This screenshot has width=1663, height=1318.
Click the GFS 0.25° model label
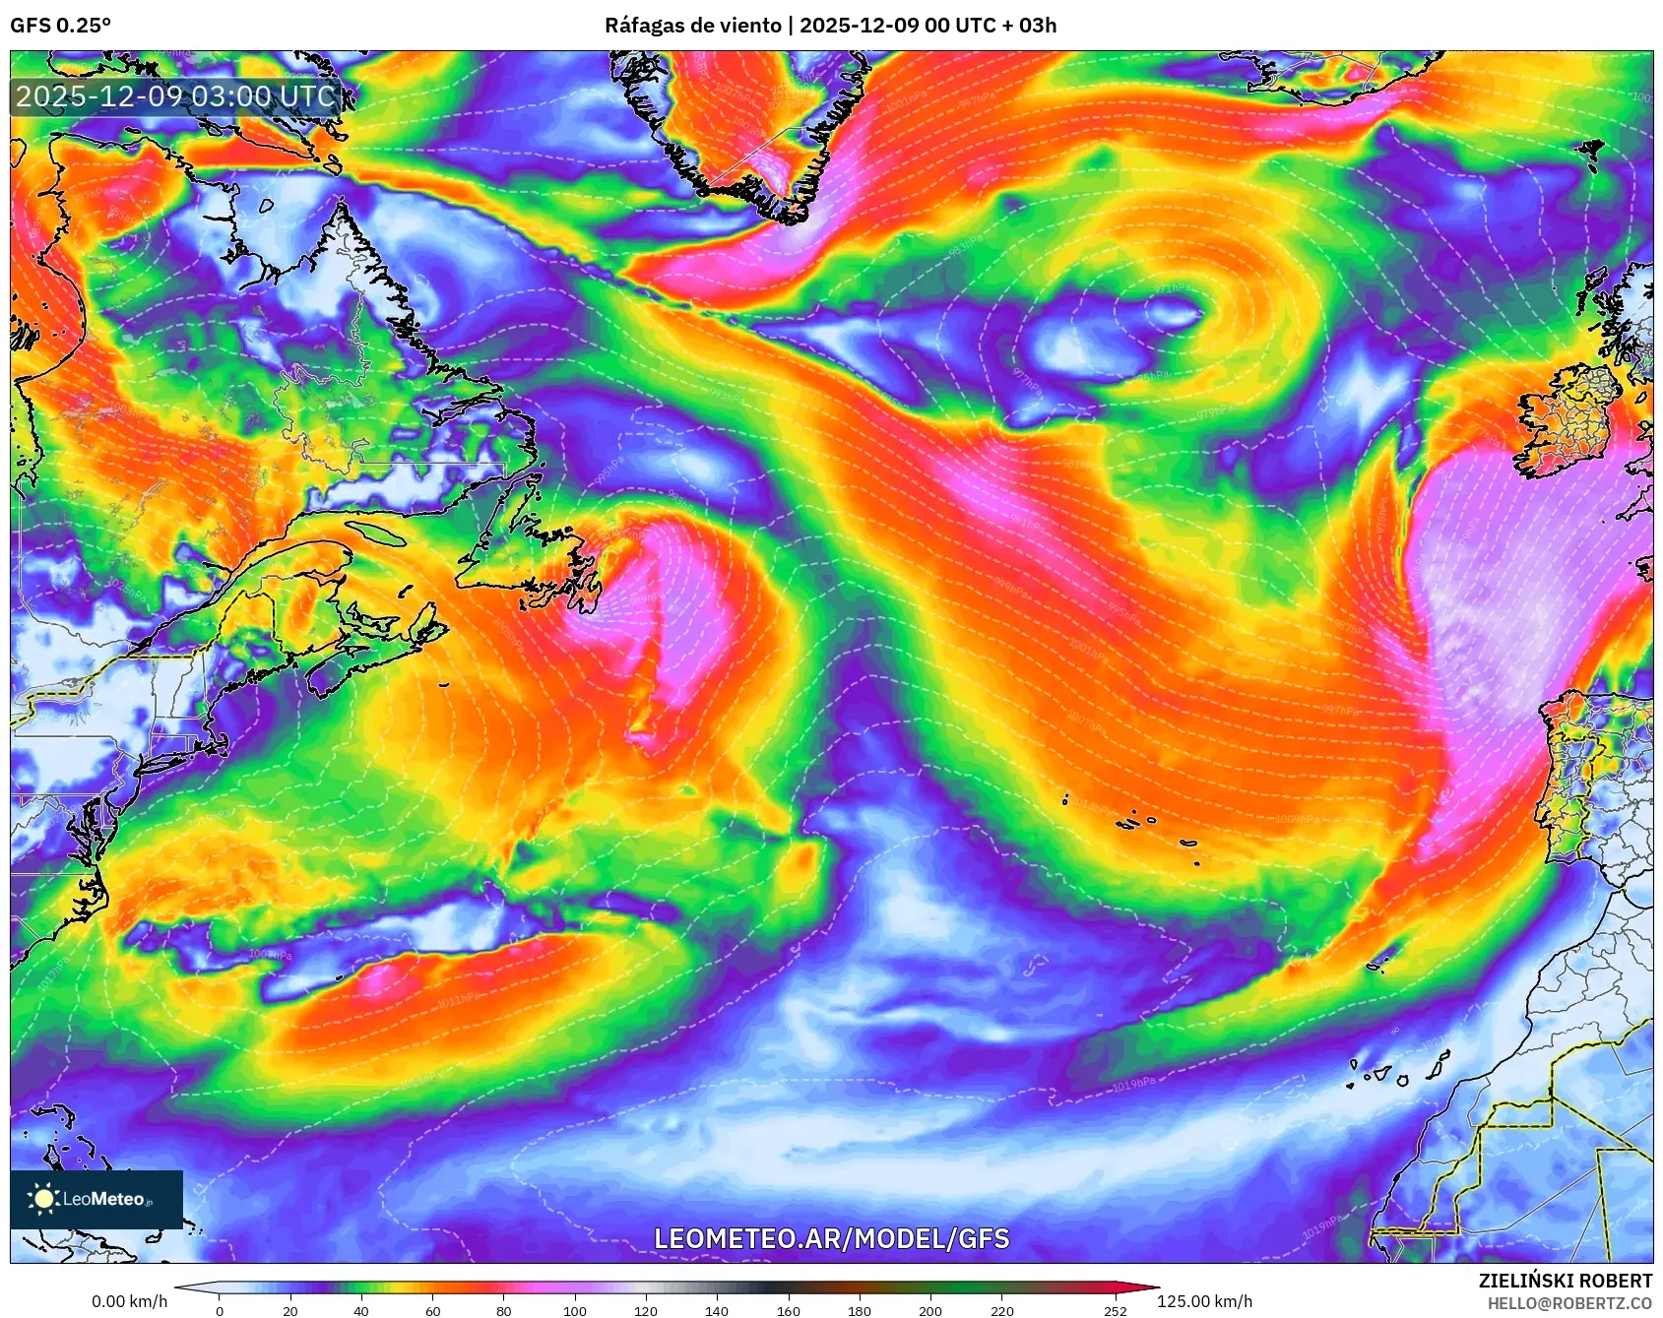(60, 26)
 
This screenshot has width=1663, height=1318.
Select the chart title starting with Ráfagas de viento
(830, 26)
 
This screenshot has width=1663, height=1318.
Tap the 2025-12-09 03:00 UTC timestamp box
(176, 96)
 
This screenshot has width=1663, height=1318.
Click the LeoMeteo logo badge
(96, 1199)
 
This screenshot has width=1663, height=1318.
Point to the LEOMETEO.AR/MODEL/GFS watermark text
(831, 1238)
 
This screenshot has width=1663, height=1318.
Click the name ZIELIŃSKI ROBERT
(1565, 1281)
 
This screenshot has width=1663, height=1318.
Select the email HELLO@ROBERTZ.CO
(1569, 1303)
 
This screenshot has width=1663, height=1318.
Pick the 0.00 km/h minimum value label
(129, 1301)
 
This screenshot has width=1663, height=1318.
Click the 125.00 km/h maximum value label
(1204, 1301)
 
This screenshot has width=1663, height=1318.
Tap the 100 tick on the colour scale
(575, 1310)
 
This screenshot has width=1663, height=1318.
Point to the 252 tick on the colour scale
(1115, 1310)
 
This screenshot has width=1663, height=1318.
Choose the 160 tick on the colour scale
(788, 1310)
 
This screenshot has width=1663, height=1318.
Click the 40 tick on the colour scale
(361, 1310)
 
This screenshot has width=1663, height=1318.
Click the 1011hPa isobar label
(458, 1001)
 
